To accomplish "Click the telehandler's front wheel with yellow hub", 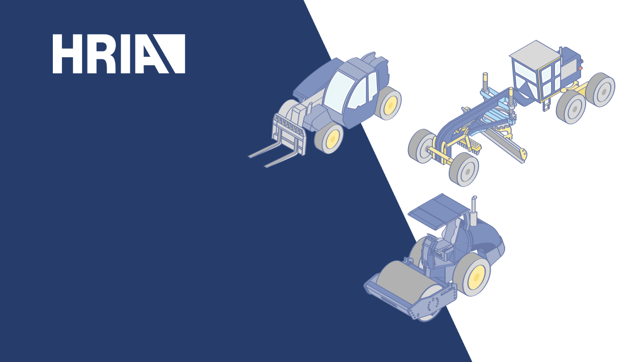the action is point(329,138).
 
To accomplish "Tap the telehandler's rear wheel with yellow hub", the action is point(389,104).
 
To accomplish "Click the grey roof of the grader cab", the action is point(535,54).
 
